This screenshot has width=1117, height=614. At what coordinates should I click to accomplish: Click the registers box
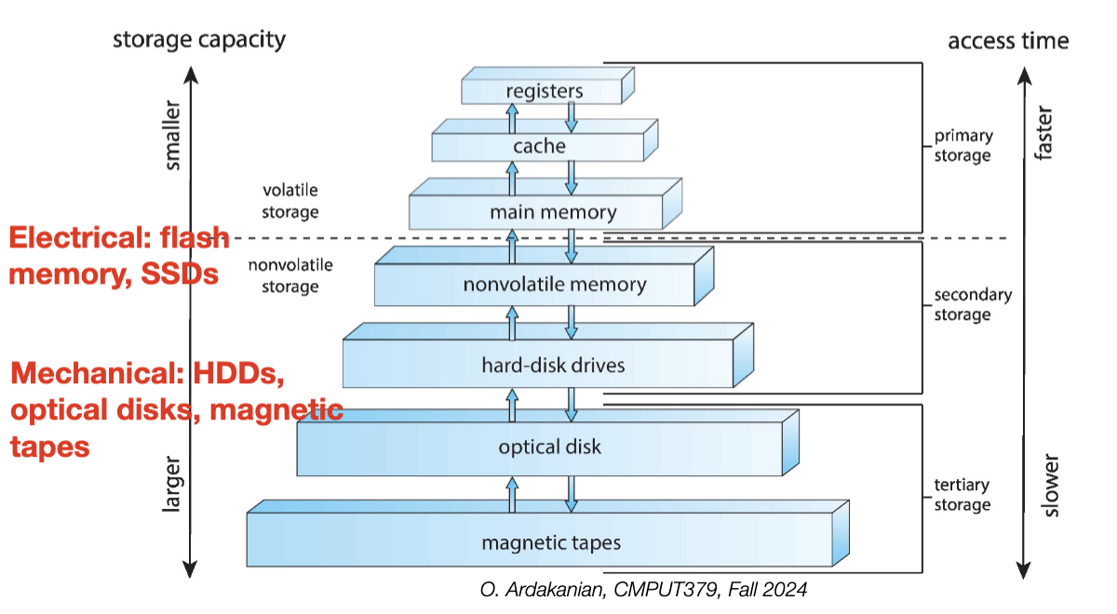[x=544, y=91]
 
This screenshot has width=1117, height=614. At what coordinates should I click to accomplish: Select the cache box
[x=539, y=146]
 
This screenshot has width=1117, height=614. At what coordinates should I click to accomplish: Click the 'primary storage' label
[x=962, y=146]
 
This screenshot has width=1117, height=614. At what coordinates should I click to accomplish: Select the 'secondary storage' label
[x=973, y=305]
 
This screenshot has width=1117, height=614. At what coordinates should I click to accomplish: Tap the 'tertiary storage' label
[x=962, y=495]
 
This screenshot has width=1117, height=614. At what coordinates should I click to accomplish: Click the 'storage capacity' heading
[x=199, y=40]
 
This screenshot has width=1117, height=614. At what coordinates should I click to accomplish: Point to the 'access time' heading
[x=1008, y=41]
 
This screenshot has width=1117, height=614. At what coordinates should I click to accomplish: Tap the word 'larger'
[x=173, y=484]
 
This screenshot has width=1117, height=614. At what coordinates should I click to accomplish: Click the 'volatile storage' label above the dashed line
[x=290, y=201]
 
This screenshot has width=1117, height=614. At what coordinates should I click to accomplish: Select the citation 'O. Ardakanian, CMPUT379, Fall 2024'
[x=643, y=590]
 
